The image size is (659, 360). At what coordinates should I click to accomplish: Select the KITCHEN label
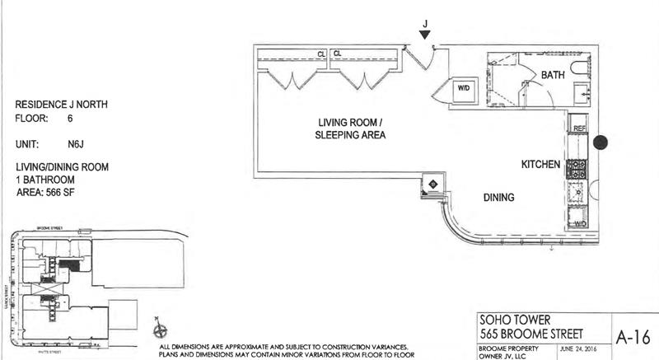(540, 166)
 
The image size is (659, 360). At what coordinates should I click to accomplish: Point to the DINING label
(498, 198)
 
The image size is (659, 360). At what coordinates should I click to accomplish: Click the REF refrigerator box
(578, 129)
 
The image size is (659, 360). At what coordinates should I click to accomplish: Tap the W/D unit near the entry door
(463, 88)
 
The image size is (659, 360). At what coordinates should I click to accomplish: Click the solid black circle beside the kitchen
(601, 143)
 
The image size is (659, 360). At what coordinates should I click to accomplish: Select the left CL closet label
(321, 54)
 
